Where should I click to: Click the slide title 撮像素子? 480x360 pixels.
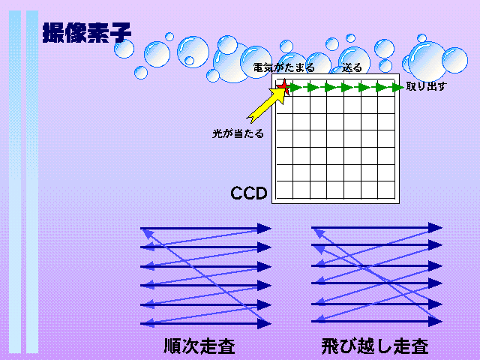[x=87, y=33]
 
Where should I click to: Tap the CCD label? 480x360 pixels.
[x=249, y=193]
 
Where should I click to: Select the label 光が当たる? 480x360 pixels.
[x=238, y=133]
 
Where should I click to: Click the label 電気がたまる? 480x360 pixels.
[x=283, y=67]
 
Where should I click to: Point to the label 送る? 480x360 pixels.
[x=352, y=67]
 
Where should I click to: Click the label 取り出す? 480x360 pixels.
[x=426, y=87]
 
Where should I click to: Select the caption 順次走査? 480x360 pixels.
[x=199, y=346]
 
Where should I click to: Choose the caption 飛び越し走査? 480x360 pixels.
[x=375, y=346]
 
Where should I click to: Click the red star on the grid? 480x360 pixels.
[x=284, y=87]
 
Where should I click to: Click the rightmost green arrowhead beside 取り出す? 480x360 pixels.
[x=398, y=88]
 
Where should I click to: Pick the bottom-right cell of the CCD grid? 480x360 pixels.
[x=386, y=190]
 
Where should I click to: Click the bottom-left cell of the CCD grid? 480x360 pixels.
[x=284, y=190]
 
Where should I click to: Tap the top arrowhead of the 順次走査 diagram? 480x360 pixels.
[x=264, y=228]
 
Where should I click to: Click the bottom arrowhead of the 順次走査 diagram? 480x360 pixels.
[x=264, y=323]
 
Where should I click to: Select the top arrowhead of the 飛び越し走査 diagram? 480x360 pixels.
[x=435, y=228]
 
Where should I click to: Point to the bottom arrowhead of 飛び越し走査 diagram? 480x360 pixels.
[x=435, y=322]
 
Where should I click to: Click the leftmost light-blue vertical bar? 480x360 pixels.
[x=15, y=181]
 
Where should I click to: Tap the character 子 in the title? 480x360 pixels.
[x=120, y=33]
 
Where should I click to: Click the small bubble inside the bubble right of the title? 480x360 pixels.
[x=189, y=61]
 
